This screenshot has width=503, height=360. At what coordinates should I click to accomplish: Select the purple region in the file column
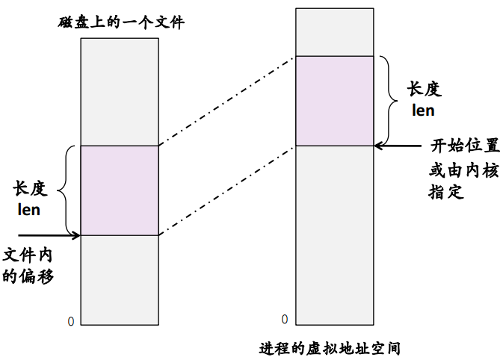pyautogui.click(x=120, y=190)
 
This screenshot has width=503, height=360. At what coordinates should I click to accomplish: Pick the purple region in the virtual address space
pyautogui.click(x=334, y=101)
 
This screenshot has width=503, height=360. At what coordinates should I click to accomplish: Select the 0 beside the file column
pyautogui.click(x=71, y=321)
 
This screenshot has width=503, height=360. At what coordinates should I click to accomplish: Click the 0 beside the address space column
pyautogui.click(x=285, y=320)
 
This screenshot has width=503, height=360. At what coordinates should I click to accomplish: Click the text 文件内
pyautogui.click(x=29, y=254)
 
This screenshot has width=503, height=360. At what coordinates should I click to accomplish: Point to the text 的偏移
pyautogui.click(x=29, y=276)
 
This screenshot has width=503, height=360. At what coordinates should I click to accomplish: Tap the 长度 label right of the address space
pyautogui.click(x=424, y=90)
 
